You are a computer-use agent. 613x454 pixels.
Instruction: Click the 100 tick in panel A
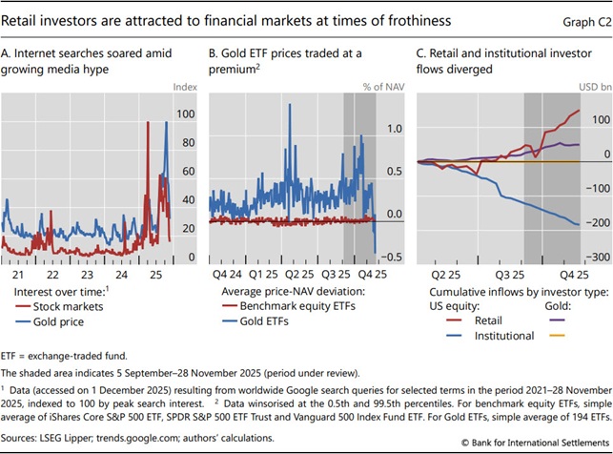[187, 113]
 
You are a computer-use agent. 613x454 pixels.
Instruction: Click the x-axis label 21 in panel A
[16, 246]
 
